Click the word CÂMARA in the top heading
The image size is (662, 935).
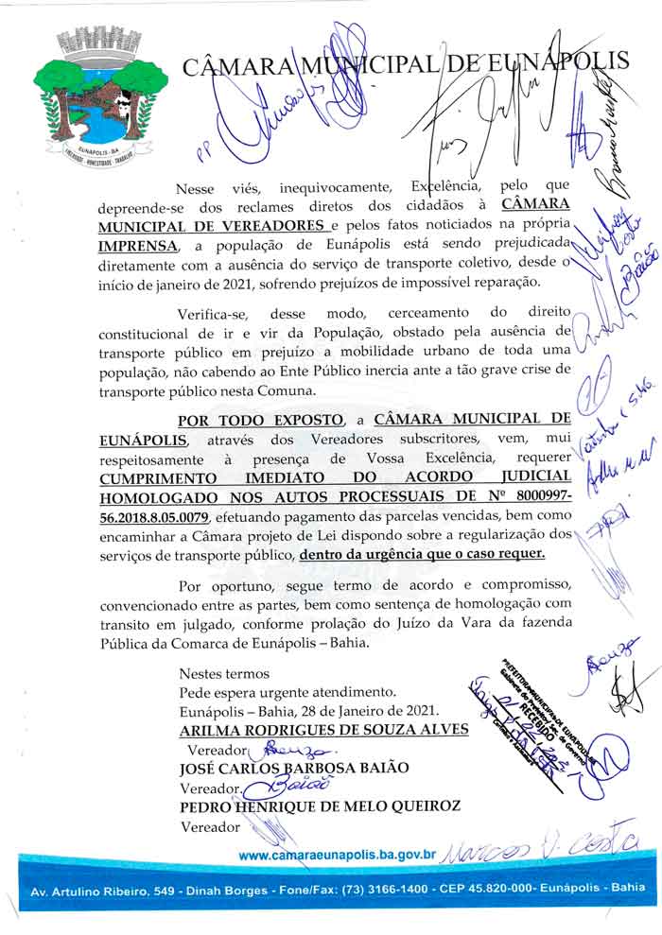pyautogui.click(x=237, y=66)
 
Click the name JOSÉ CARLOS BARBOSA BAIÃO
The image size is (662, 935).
pyautogui.click(x=294, y=768)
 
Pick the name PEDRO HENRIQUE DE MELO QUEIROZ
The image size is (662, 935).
pyautogui.click(x=320, y=805)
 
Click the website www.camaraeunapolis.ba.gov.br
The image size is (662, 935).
pyautogui.click(x=337, y=855)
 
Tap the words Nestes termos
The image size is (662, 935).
pyautogui.click(x=224, y=674)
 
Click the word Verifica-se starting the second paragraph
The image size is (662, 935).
pyautogui.click(x=216, y=313)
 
